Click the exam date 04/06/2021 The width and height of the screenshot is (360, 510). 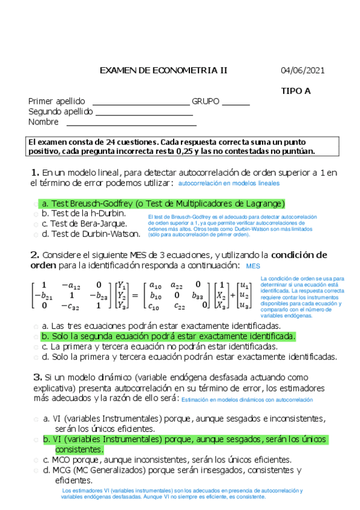[x=302, y=70]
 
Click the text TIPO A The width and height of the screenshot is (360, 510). [x=296, y=91]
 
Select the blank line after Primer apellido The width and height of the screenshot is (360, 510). [x=140, y=102]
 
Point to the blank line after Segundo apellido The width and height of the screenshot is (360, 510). [x=144, y=113]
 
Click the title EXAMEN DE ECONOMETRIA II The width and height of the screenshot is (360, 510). [x=163, y=70]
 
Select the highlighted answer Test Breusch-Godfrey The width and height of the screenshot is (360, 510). [x=162, y=203]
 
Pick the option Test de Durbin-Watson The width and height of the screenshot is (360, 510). [x=91, y=234]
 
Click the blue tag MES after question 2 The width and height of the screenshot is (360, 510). [x=253, y=265]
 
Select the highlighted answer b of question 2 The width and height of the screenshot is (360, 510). [x=175, y=336]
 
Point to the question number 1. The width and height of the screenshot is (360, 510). [x=35, y=173]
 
